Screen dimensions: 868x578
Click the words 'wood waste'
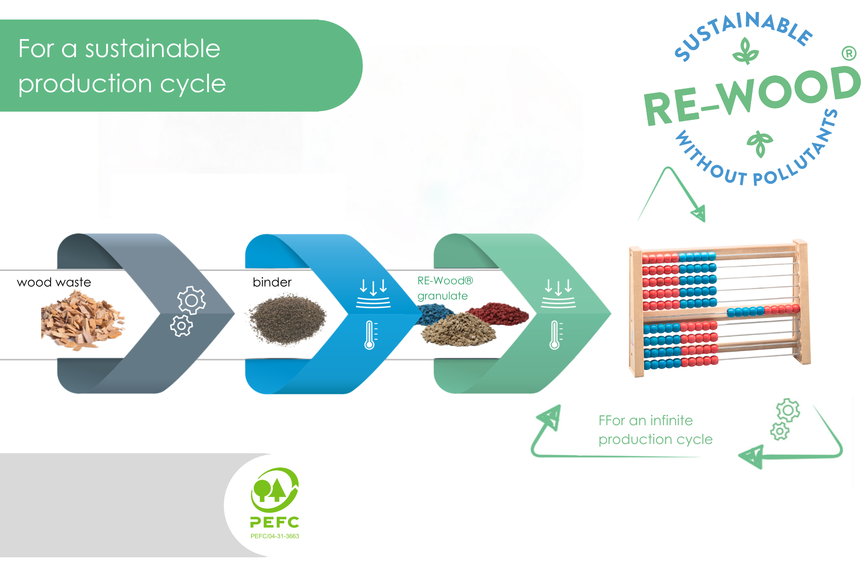[54, 282]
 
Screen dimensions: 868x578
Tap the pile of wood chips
[83, 320]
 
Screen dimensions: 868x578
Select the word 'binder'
[272, 282]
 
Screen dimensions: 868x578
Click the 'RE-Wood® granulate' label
[445, 288]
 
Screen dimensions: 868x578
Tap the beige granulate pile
[459, 329]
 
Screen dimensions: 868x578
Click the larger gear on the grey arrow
[192, 301]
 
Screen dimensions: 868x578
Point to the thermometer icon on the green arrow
[556, 335]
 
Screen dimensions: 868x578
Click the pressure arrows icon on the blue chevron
[373, 293]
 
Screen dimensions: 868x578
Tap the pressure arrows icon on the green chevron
[558, 293]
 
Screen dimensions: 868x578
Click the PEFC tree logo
[275, 490]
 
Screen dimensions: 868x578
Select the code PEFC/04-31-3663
[275, 536]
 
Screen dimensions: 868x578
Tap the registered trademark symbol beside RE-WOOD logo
[849, 53]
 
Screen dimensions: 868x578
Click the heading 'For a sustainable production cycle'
[122, 66]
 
